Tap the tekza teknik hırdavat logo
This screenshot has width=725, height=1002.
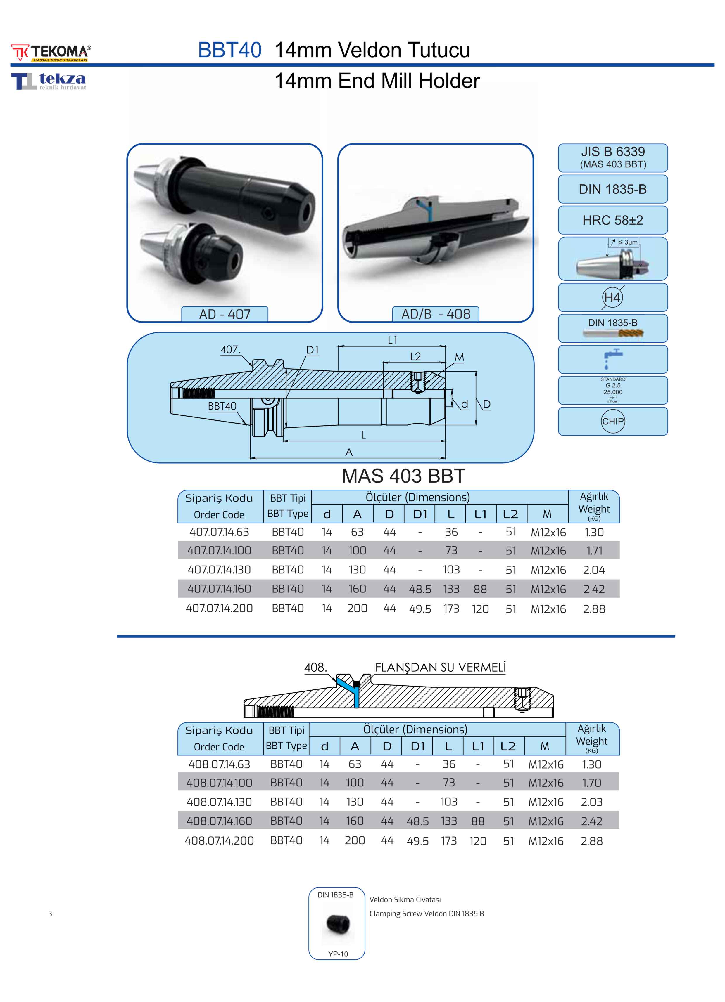(x=49, y=81)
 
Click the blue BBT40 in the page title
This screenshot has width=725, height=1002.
(x=229, y=50)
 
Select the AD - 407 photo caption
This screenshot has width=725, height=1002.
(x=225, y=314)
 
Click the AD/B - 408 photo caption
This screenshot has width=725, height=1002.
(x=436, y=314)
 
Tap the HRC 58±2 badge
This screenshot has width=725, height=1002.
(x=613, y=220)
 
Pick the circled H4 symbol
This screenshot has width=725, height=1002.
(x=613, y=297)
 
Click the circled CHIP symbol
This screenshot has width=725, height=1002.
(x=613, y=421)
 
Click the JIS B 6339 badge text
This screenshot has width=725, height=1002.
(x=613, y=152)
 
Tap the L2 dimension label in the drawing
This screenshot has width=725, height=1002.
(x=415, y=356)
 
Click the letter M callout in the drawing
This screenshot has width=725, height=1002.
(x=459, y=357)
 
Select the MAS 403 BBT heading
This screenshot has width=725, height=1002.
(x=403, y=476)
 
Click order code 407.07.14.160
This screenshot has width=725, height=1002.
(x=219, y=589)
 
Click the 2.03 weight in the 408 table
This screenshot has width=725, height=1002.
(x=591, y=802)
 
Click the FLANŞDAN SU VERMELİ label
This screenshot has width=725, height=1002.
(x=440, y=667)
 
